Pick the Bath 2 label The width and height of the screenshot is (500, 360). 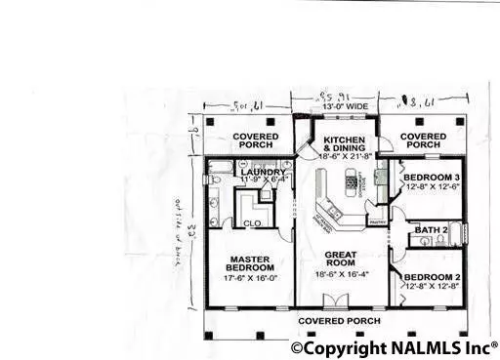coord(430,230)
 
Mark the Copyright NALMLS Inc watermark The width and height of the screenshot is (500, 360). coord(395,347)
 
